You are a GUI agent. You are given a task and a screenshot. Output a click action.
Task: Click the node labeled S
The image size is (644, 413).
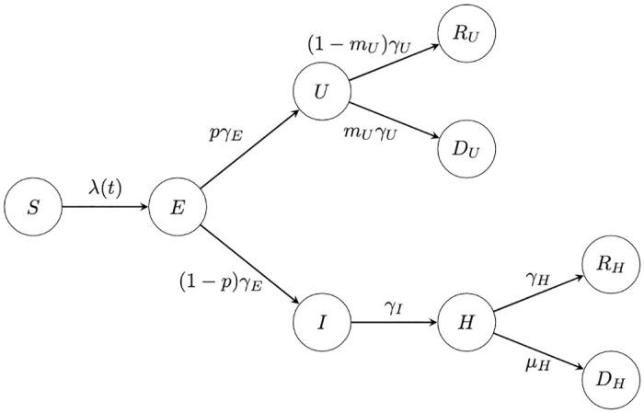(33, 207)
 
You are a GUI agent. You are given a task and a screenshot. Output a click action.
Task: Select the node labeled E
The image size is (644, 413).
(178, 207)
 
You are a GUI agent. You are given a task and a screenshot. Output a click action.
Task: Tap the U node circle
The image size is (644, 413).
(322, 91)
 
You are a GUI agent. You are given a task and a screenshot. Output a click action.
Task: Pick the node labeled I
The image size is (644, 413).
(322, 323)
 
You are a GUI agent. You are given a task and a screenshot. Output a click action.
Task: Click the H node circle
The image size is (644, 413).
(466, 323)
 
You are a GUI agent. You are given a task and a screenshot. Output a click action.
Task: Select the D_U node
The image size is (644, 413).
(466, 149)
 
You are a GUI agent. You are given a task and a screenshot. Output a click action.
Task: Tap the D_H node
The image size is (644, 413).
(611, 381)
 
